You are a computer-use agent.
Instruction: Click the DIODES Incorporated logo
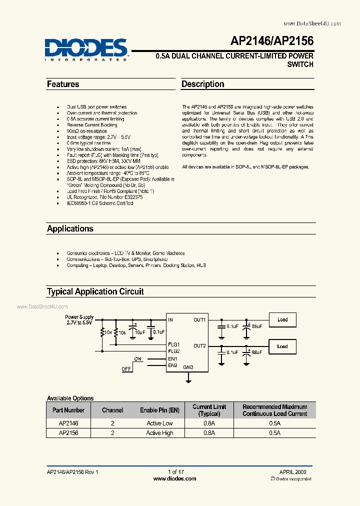(x=86, y=49)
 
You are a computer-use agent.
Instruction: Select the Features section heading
(x=63, y=84)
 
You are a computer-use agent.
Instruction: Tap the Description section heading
(x=202, y=84)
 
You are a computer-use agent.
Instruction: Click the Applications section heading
(x=70, y=228)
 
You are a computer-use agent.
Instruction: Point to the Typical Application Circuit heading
(x=95, y=291)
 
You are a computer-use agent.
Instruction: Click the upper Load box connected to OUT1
(x=282, y=320)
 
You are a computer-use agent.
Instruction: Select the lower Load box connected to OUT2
(x=282, y=346)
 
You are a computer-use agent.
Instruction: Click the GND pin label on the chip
(x=188, y=367)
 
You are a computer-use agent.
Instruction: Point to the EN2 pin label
(x=173, y=365)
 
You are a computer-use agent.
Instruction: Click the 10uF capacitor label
(x=140, y=332)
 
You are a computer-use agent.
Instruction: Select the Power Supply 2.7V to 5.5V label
(x=79, y=320)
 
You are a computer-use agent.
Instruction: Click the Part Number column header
(x=68, y=410)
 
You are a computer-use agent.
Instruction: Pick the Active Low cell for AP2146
(x=159, y=423)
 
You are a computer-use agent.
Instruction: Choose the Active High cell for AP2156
(x=159, y=433)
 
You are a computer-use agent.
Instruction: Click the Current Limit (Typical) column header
(x=209, y=410)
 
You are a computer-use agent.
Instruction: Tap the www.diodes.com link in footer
(x=174, y=478)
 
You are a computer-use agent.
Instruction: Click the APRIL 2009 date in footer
(x=292, y=471)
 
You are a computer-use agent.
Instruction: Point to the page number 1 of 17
(x=176, y=471)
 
